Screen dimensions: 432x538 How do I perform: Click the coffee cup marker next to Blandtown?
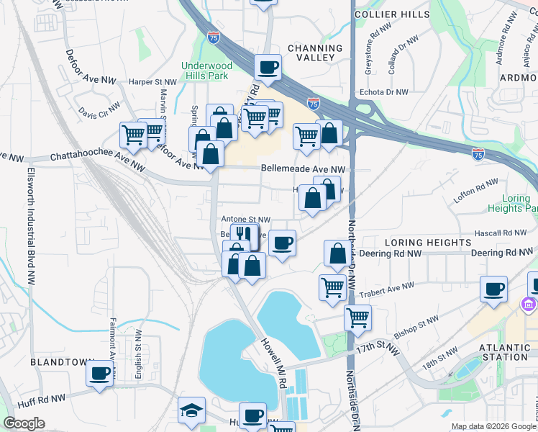click(99, 374)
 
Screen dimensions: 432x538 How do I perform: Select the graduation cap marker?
click(191, 410)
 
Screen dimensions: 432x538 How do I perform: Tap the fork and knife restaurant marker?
click(244, 235)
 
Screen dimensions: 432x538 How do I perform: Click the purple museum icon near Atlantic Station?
click(529, 305)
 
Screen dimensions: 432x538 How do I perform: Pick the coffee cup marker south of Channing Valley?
click(268, 68)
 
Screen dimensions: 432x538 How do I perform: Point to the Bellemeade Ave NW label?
click(303, 168)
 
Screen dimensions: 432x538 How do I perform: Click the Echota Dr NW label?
click(383, 92)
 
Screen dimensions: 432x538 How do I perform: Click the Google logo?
click(24, 424)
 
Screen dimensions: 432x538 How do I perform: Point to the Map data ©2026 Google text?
click(493, 426)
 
